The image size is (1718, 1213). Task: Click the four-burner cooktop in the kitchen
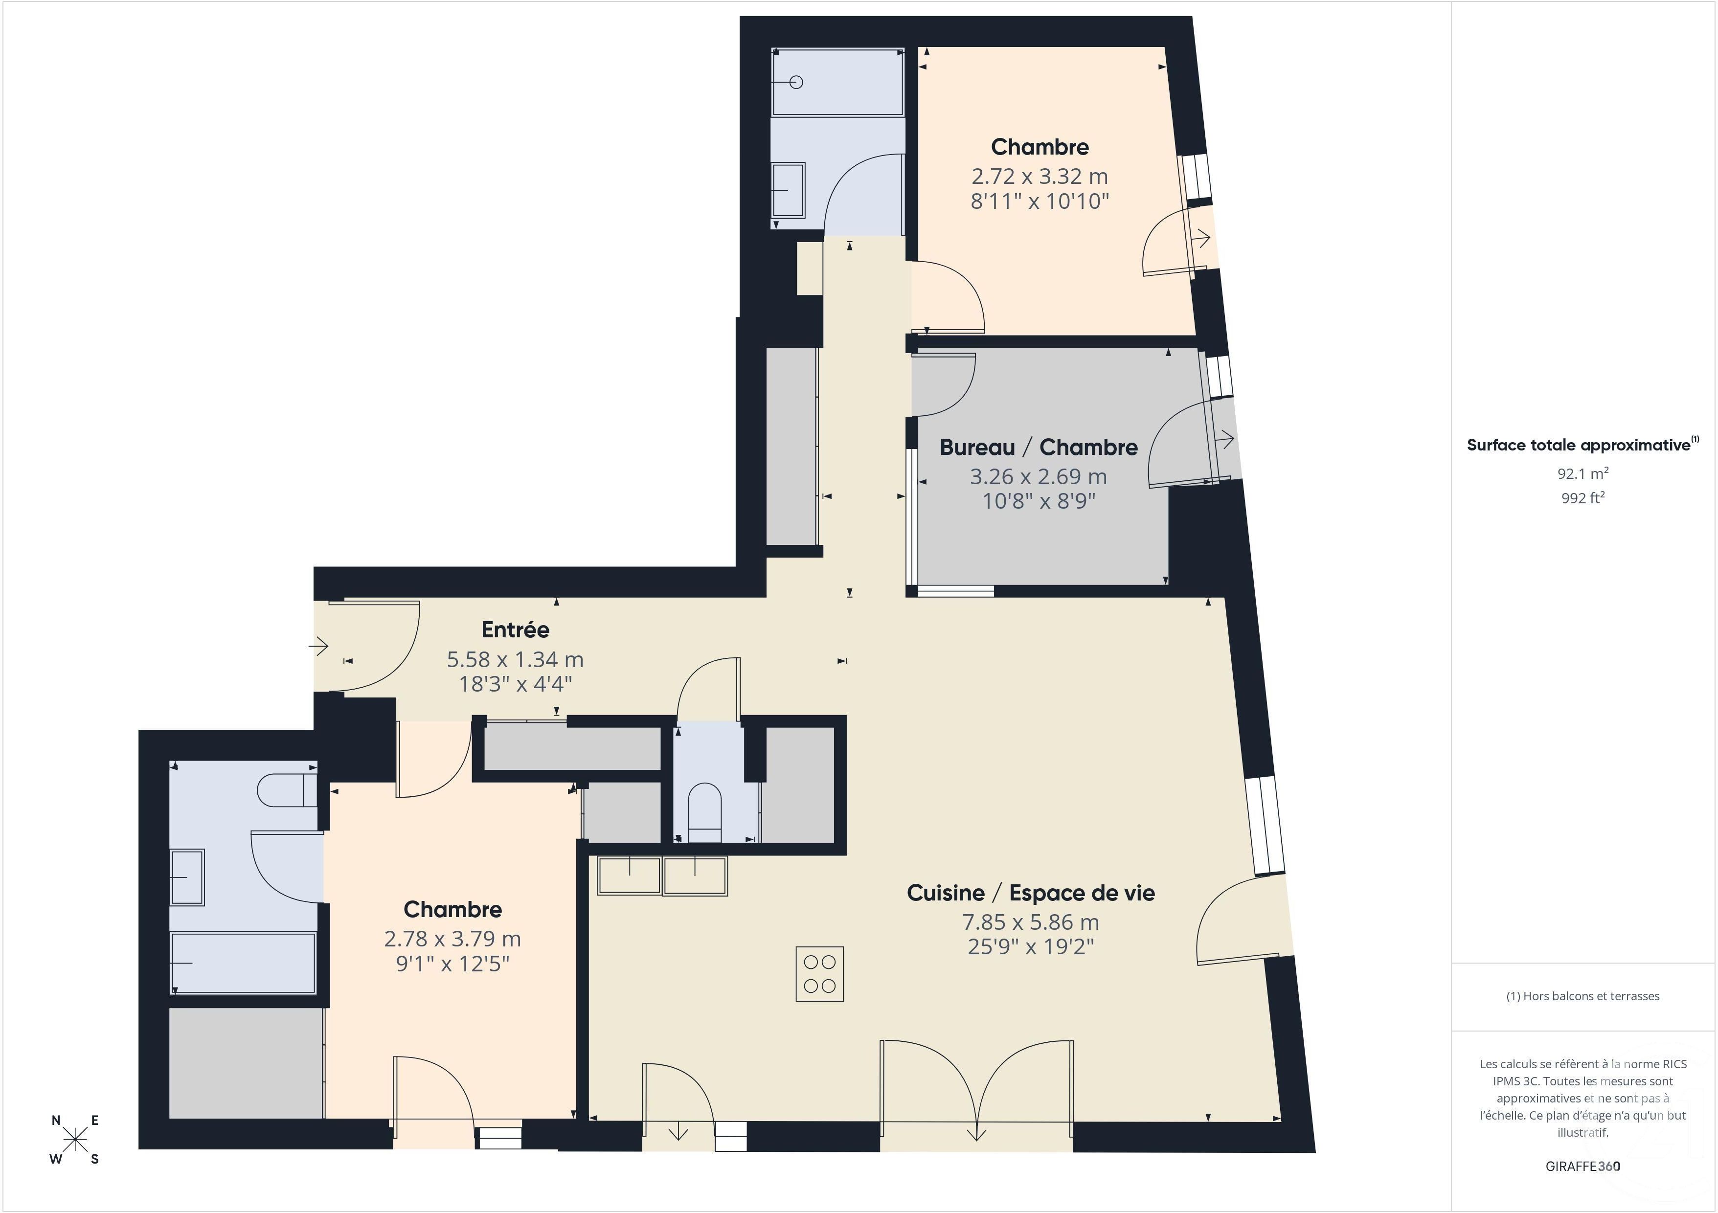click(819, 973)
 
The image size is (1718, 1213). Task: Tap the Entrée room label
click(516, 630)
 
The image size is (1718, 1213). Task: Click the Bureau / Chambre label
click(1039, 448)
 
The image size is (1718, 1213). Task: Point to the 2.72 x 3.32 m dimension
click(1040, 177)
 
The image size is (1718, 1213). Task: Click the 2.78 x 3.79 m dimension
click(452, 939)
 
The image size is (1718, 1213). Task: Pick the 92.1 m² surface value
click(1582, 473)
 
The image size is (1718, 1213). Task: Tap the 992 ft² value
click(1582, 497)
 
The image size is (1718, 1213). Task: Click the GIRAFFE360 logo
click(1582, 1166)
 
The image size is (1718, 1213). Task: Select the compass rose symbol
click(75, 1140)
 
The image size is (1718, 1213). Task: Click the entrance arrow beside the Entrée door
click(319, 645)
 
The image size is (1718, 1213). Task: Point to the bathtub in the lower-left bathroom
click(243, 962)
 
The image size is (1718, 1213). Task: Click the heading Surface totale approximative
click(1578, 445)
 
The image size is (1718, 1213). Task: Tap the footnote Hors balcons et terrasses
click(1582, 996)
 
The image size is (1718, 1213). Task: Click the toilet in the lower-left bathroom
click(287, 790)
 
